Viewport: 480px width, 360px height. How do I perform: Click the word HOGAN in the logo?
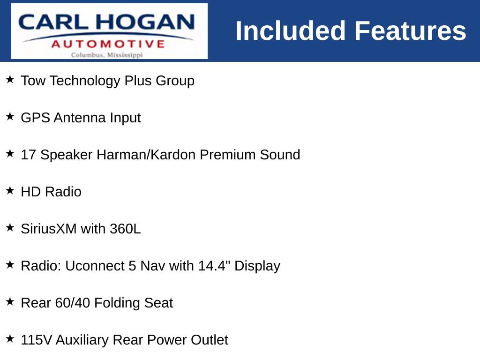(x=145, y=22)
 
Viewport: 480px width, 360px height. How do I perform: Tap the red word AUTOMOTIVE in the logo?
(x=108, y=44)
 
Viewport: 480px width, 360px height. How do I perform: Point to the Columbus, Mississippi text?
(x=107, y=55)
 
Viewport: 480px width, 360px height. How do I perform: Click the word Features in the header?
(x=410, y=30)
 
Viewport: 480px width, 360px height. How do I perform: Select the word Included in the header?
(x=291, y=30)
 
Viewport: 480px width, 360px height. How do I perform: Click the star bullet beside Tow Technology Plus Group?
(x=10, y=79)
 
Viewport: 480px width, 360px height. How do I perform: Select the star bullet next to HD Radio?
(x=10, y=190)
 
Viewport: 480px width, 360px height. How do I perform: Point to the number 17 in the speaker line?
(x=28, y=155)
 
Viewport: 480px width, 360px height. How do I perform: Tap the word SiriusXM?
(x=49, y=229)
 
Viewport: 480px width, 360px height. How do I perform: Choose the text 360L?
(x=125, y=229)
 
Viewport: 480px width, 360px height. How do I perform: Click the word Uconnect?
(x=95, y=266)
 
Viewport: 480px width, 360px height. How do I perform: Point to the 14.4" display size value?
(x=214, y=266)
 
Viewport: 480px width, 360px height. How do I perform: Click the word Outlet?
(x=210, y=340)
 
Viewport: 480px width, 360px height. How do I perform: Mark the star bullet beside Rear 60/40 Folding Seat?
(x=10, y=301)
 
